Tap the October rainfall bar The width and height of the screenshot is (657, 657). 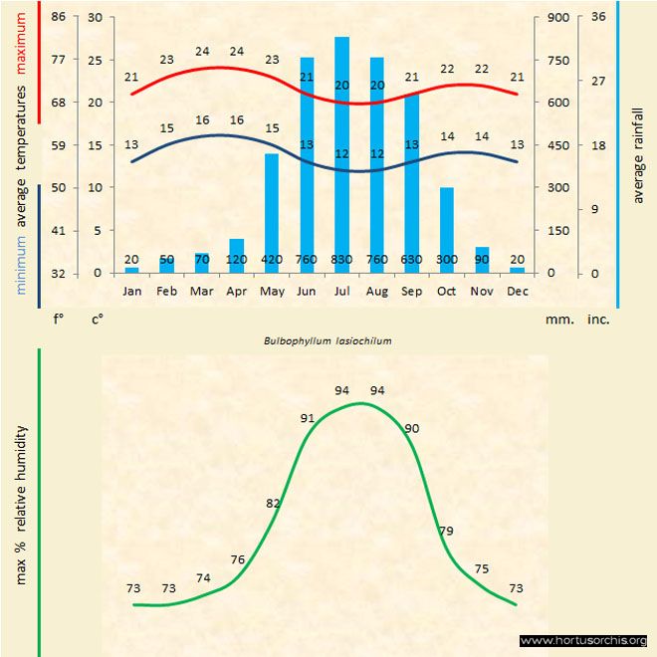click(x=447, y=229)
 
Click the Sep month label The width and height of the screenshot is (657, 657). click(x=412, y=291)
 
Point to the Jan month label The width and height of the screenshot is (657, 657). click(x=131, y=291)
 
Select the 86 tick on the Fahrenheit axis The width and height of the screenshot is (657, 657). click(x=58, y=17)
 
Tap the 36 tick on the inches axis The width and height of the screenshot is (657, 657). click(x=598, y=17)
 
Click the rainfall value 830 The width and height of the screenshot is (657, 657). click(x=341, y=260)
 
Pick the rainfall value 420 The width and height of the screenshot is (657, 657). click(x=271, y=260)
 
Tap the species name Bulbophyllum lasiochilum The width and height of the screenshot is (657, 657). click(x=328, y=339)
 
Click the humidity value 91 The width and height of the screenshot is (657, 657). click(x=307, y=418)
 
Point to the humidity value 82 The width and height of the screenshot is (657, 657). click(x=274, y=504)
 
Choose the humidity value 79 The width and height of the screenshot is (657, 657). click(x=446, y=531)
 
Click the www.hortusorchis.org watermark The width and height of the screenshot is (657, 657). click(x=583, y=640)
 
